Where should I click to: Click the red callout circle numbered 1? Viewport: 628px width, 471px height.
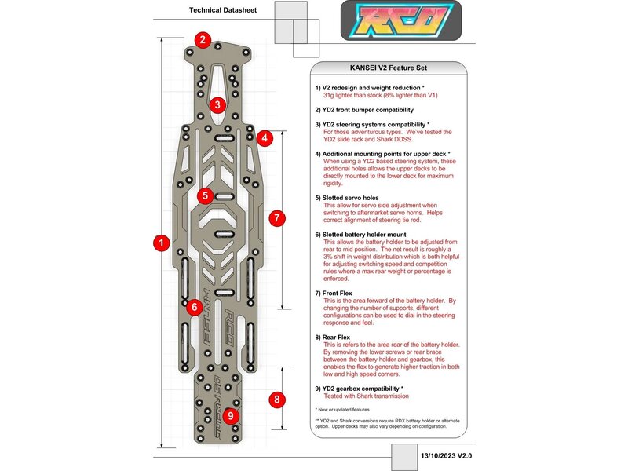(x=161, y=243)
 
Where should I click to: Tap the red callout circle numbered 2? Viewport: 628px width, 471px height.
(x=203, y=40)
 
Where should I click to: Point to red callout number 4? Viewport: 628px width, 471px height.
(x=265, y=138)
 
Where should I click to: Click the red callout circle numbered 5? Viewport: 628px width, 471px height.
(x=205, y=195)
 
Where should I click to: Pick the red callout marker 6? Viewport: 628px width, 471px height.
(x=194, y=307)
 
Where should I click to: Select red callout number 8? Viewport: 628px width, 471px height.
(x=276, y=400)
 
